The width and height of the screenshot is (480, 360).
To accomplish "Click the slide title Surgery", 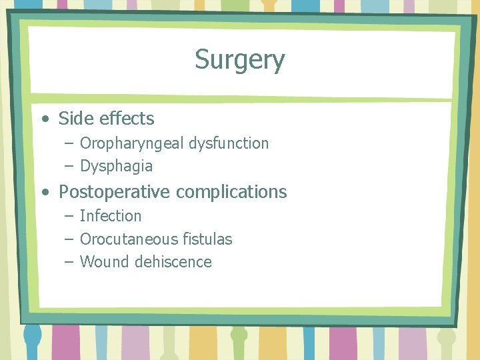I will [239, 60].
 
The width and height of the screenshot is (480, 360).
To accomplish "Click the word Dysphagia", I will [116, 166].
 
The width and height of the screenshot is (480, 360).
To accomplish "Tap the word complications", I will [231, 192].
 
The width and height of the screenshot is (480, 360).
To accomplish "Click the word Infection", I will [111, 216].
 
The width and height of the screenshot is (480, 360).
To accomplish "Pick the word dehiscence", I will [173, 262].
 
